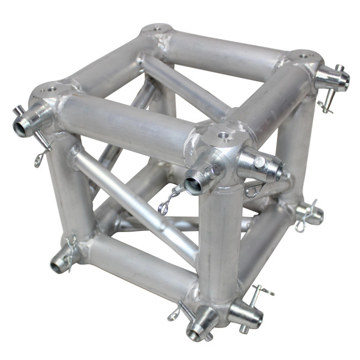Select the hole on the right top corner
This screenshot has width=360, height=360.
[303, 56]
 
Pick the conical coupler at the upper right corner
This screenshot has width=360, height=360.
[332, 77]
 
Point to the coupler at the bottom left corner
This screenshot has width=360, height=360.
[59, 261]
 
